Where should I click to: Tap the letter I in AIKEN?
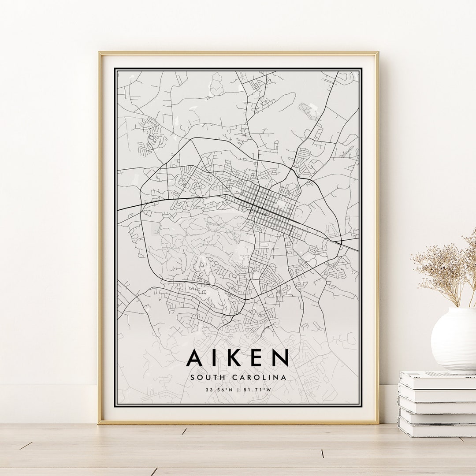point(216,357)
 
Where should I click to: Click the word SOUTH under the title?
point(207,377)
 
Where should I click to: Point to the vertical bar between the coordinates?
point(238,390)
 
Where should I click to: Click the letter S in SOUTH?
point(193,377)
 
